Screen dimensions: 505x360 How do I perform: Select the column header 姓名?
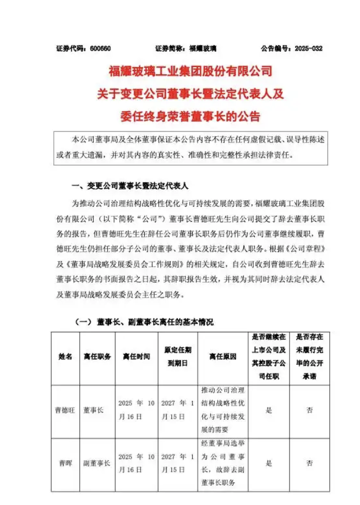click(x=65, y=357)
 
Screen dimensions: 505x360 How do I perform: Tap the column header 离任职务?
click(x=96, y=357)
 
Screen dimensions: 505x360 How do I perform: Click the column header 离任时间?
click(x=136, y=357)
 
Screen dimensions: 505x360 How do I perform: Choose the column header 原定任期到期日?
click(x=176, y=357)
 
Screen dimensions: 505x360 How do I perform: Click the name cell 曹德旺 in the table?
click(x=65, y=410)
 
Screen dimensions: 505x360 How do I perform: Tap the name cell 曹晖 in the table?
click(x=65, y=463)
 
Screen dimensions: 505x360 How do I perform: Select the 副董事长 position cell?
click(x=96, y=463)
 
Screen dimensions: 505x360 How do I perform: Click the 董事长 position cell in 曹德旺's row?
click(x=92, y=410)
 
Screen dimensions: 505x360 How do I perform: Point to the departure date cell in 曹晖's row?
click(x=136, y=463)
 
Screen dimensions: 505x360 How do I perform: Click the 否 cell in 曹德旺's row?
click(x=309, y=410)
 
